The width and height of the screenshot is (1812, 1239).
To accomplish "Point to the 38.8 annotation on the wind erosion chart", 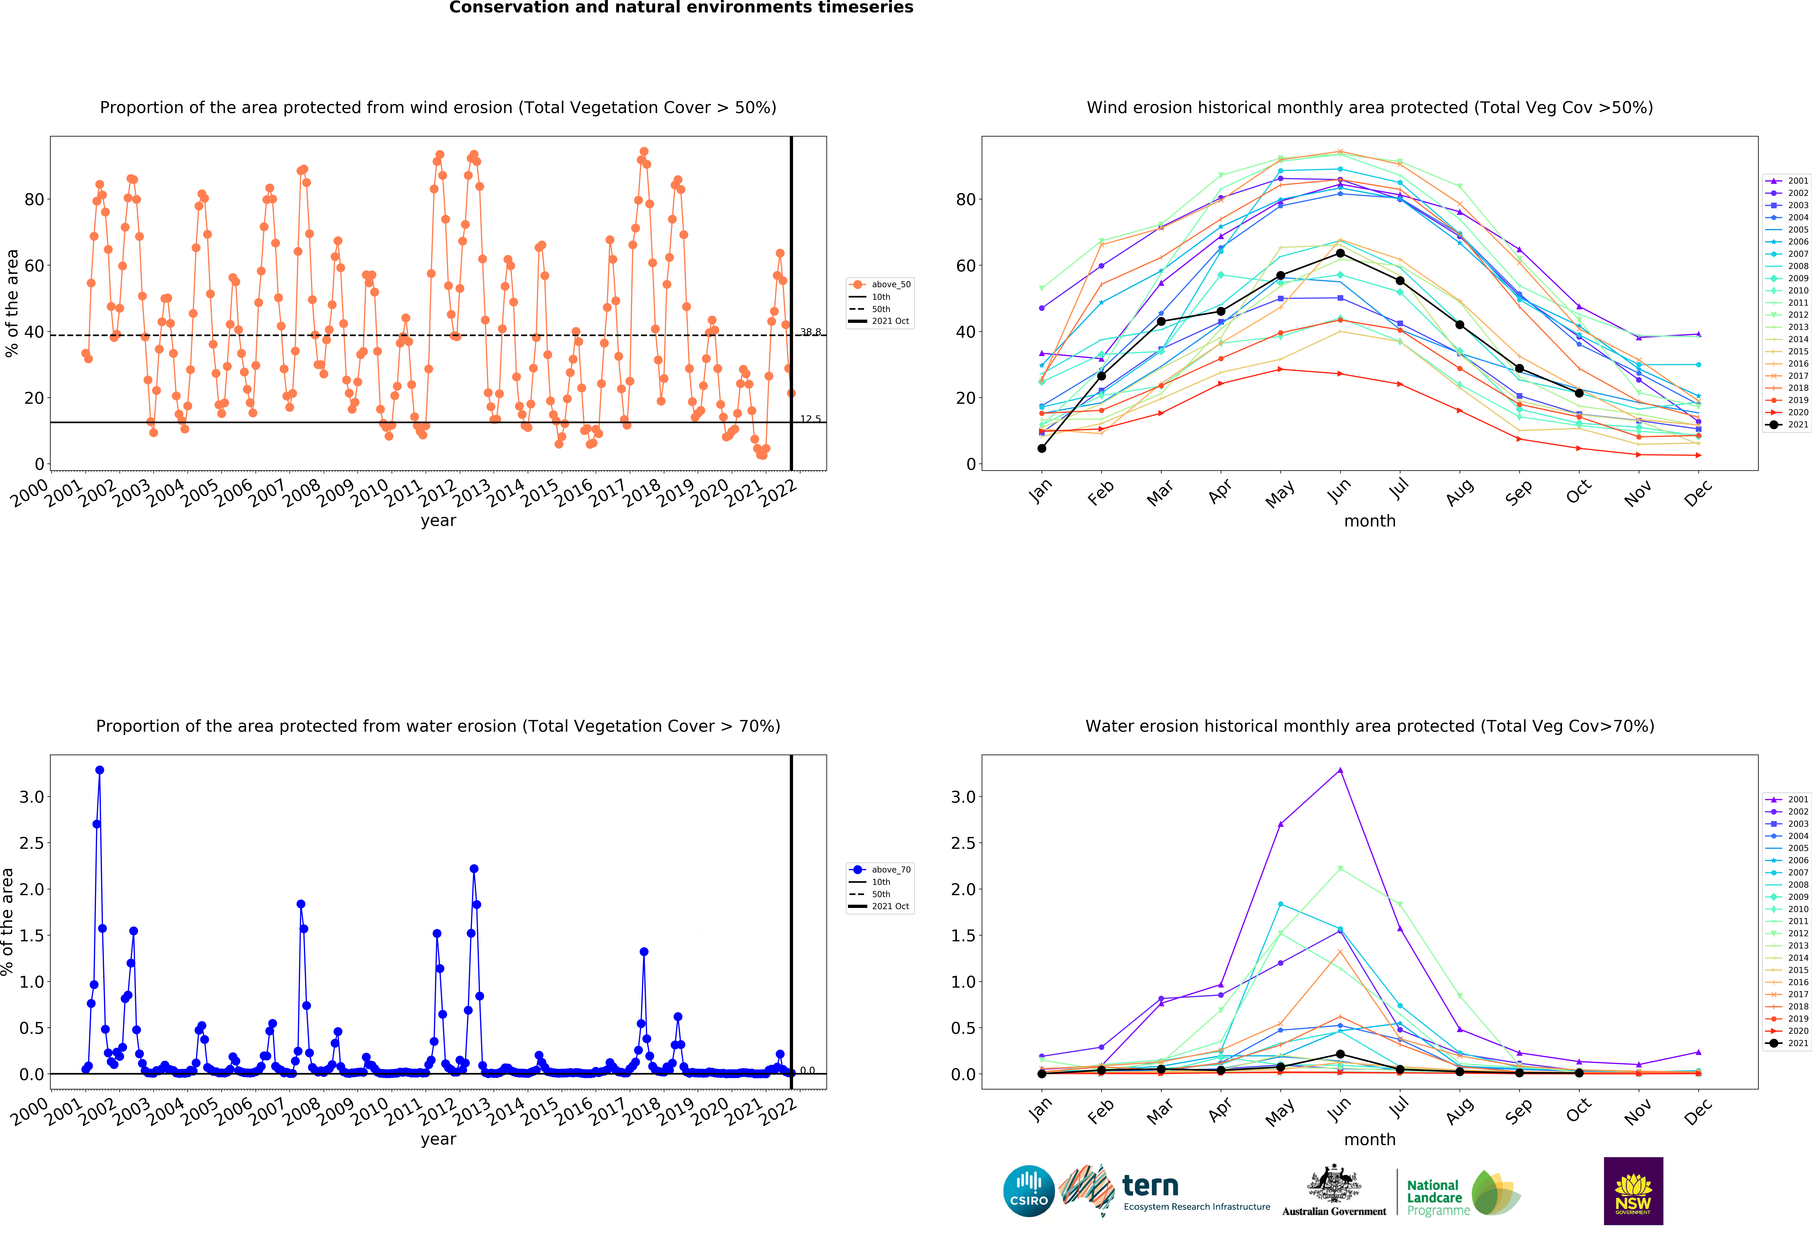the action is click(x=810, y=332).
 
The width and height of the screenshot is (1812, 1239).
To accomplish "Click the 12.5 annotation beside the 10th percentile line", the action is click(x=810, y=419).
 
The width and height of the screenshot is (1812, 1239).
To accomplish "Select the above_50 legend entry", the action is click(x=880, y=285).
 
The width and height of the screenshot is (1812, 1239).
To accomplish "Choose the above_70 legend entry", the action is click(x=880, y=869).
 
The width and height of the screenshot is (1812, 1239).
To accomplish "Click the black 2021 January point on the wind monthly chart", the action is click(x=1042, y=448).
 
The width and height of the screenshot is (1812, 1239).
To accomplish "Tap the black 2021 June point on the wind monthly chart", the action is click(x=1340, y=253).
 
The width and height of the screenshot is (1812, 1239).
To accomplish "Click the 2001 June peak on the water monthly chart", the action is click(x=1340, y=770).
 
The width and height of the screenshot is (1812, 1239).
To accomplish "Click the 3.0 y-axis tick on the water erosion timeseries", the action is click(x=32, y=797).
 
